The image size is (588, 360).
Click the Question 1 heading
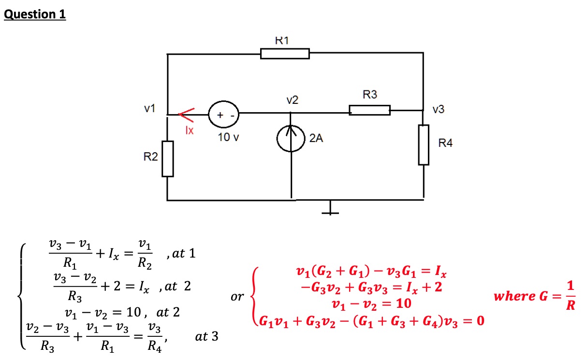pos(34,14)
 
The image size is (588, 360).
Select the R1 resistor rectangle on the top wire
pos(285,53)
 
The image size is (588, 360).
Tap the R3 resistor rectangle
pos(370,110)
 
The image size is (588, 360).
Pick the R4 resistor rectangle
pos(424,144)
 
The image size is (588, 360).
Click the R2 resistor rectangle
pos(167,158)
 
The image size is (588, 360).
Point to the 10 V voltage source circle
pos(222,115)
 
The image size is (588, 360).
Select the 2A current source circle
pos(291,139)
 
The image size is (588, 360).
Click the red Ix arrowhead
pos(186,115)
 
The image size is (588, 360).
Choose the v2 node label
pos(292,100)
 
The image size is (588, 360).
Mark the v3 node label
pos(439,110)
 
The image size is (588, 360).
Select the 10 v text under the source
pos(228,137)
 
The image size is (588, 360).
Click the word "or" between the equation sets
pos(237,296)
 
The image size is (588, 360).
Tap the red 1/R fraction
pos(571,296)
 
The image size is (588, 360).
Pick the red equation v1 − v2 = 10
pos(371,304)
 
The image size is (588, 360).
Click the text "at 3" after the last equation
pos(206,336)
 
